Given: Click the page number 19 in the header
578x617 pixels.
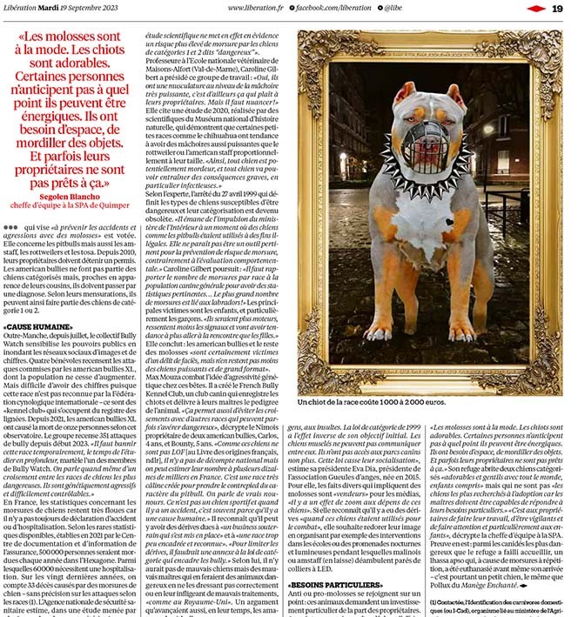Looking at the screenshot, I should (x=557, y=8).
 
